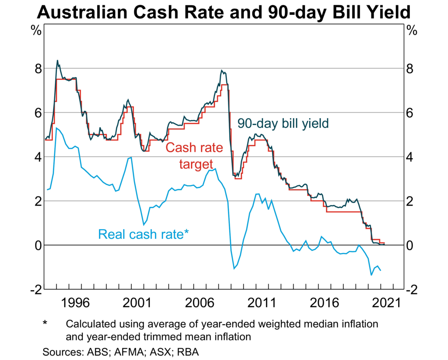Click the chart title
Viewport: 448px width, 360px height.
(x=224, y=12)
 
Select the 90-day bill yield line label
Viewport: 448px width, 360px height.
(x=283, y=124)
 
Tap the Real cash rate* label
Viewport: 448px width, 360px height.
(x=143, y=234)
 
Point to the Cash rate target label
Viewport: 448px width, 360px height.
(x=194, y=156)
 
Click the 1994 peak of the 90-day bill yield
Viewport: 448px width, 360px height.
(x=57, y=60)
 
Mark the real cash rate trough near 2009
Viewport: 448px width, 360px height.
(x=234, y=268)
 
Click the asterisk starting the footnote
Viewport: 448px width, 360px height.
(x=45, y=324)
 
